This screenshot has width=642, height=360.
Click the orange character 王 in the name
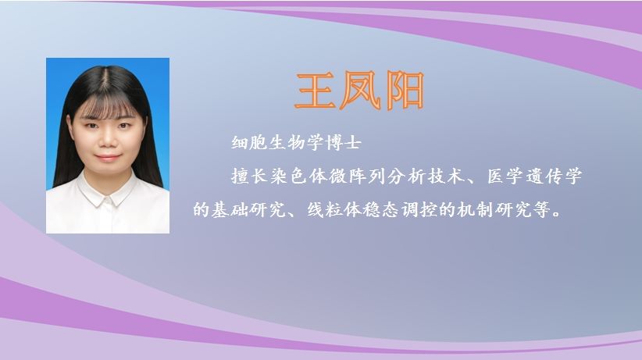point(316,91)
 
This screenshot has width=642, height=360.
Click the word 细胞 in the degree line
point(249,143)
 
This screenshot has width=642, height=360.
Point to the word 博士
point(344,143)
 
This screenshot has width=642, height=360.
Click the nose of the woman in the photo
point(108,140)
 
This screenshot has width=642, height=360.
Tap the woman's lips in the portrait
point(108,157)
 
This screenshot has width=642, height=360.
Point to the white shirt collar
point(107,191)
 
